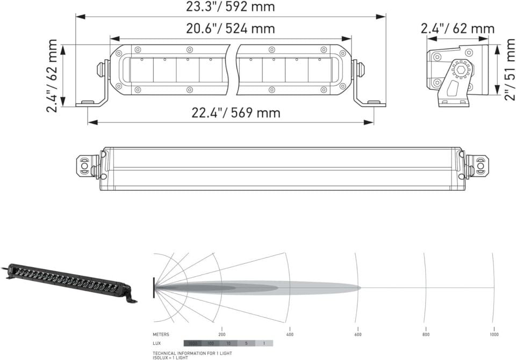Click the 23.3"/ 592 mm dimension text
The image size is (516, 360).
coord(230,7)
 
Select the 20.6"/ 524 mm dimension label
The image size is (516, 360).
coord(230,28)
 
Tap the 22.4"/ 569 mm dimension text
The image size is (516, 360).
coord(236,113)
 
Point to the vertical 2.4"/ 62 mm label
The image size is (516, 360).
coord(52,75)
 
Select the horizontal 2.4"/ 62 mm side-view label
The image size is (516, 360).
coord(457,28)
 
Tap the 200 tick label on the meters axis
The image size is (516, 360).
coord(221,334)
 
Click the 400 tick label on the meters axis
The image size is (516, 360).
coord(290,334)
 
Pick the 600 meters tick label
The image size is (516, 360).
coord(357,334)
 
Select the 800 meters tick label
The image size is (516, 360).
coord(426,334)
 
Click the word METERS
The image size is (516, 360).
coord(161,334)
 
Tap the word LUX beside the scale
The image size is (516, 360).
coord(157,343)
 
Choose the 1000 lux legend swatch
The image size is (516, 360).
coord(192,343)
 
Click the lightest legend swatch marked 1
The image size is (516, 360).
coord(264,343)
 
